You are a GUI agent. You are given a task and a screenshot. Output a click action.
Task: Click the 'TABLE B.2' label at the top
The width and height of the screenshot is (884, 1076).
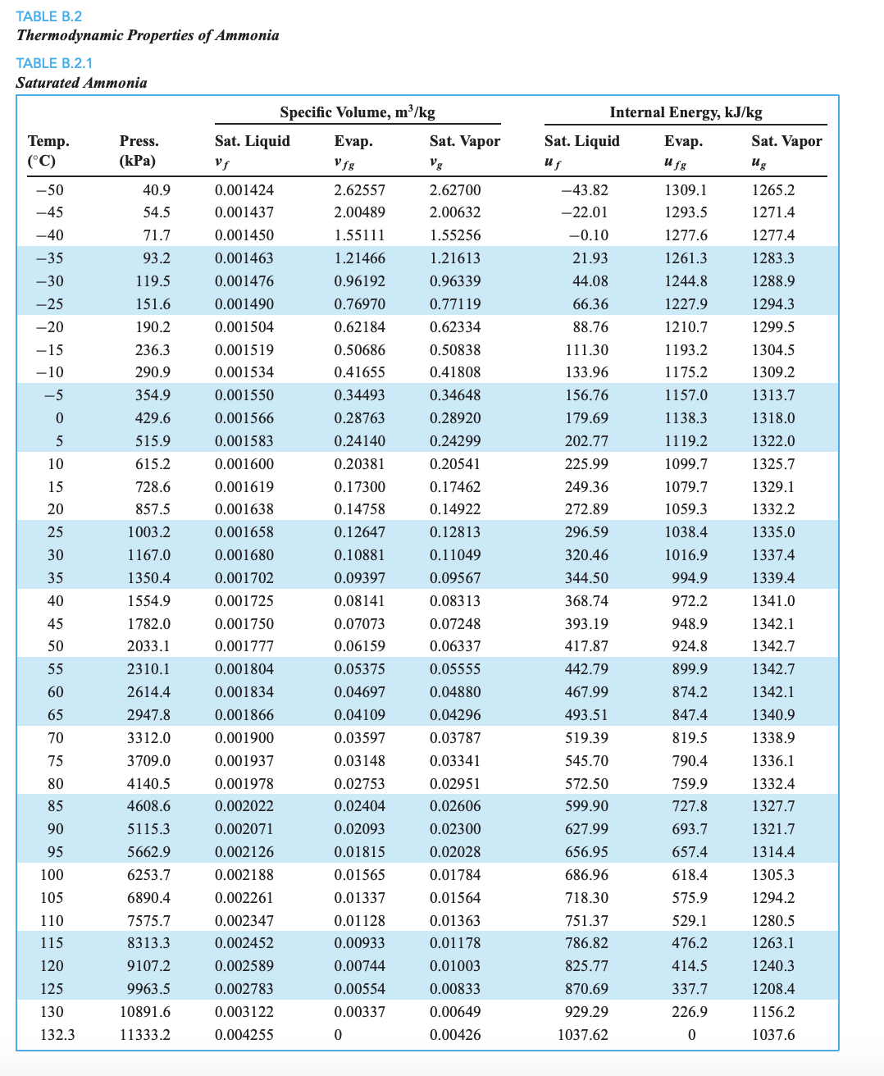pos(49,16)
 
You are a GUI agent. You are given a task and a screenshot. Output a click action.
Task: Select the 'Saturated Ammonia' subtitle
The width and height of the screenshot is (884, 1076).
pos(82,83)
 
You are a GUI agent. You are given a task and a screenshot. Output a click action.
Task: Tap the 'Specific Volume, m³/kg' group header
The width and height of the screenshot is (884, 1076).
pos(357,112)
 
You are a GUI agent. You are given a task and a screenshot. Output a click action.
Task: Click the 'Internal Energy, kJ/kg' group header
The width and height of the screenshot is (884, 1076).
pos(686,112)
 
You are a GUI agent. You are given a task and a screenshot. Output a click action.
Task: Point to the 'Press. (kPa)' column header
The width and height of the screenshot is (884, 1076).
pos(139,150)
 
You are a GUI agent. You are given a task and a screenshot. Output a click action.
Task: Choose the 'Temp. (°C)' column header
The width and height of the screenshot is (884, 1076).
pos(48,150)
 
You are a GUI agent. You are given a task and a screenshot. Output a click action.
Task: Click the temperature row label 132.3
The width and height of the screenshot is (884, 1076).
pos(57,1035)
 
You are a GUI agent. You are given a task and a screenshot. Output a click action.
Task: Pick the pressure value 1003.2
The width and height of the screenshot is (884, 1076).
pos(148,532)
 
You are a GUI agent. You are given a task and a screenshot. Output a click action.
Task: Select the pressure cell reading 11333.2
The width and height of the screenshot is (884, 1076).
pos(145,1035)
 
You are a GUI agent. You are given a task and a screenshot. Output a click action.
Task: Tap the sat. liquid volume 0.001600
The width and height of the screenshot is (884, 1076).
pos(244,464)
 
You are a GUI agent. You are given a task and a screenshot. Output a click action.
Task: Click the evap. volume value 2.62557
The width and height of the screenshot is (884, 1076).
pos(359,190)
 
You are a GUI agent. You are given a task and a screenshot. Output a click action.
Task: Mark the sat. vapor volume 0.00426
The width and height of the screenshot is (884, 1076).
pos(455,1035)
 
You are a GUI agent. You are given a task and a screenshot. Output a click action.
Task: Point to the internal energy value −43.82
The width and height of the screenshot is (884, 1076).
pos(584,190)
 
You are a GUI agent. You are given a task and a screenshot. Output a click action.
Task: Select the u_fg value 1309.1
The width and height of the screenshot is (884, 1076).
pos(686,190)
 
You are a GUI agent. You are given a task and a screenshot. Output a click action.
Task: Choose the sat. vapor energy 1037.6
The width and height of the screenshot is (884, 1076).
pos(773,1035)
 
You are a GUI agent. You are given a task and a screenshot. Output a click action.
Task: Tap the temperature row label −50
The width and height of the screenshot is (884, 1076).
pos(49,190)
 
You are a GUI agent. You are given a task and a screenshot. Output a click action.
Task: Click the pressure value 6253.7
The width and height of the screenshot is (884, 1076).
pos(148,875)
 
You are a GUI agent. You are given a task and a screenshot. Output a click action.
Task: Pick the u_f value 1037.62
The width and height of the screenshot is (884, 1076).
pos(583,1035)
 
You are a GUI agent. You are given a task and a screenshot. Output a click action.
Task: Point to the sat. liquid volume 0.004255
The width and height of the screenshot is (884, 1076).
pos(244,1035)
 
